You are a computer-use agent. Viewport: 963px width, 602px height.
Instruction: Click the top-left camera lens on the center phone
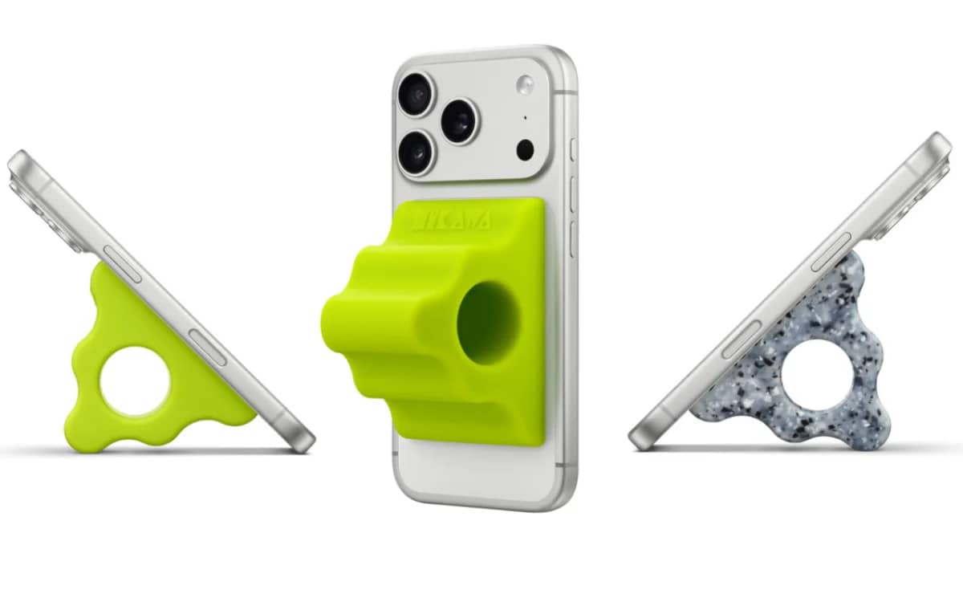pyautogui.click(x=416, y=93)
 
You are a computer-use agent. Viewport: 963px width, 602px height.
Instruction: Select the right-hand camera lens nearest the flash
pyautogui.click(x=458, y=121)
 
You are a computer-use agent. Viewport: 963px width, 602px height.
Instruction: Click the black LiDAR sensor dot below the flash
pyautogui.click(x=526, y=149)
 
